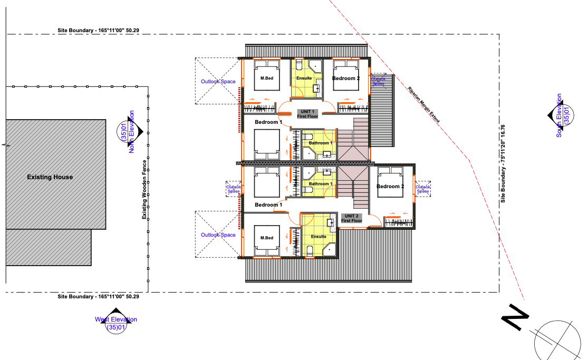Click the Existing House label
click(x=50, y=177)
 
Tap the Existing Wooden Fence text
click(x=144, y=190)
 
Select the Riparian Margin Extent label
click(x=424, y=104)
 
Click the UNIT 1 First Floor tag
click(x=307, y=114)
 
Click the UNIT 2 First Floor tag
click(x=351, y=218)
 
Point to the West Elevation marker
click(x=116, y=320)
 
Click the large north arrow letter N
click(x=515, y=317)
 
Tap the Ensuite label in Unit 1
click(x=304, y=79)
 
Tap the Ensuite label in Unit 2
click(x=319, y=237)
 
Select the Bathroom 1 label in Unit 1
click(x=320, y=143)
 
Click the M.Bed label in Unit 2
click(x=267, y=238)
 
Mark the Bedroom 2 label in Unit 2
click(x=390, y=187)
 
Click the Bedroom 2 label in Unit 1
click(x=346, y=79)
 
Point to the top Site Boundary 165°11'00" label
click(x=98, y=31)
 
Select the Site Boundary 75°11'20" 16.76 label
click(x=503, y=164)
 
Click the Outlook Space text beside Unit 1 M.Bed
click(x=218, y=81)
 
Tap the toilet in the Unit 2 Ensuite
click(x=310, y=251)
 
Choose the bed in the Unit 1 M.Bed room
click(x=267, y=75)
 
